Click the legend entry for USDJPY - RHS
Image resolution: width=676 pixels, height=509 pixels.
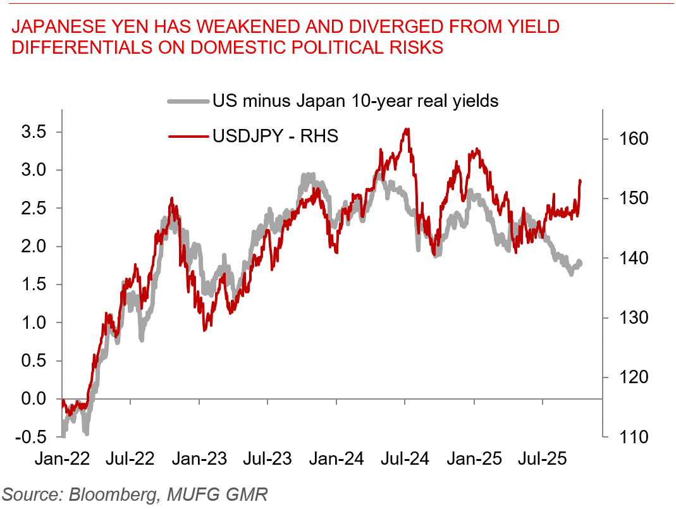point(275,135)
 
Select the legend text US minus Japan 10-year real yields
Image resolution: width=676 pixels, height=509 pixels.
point(355,101)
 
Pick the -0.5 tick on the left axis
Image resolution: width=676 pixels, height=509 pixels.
point(31,437)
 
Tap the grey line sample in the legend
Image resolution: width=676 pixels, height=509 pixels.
point(187,101)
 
